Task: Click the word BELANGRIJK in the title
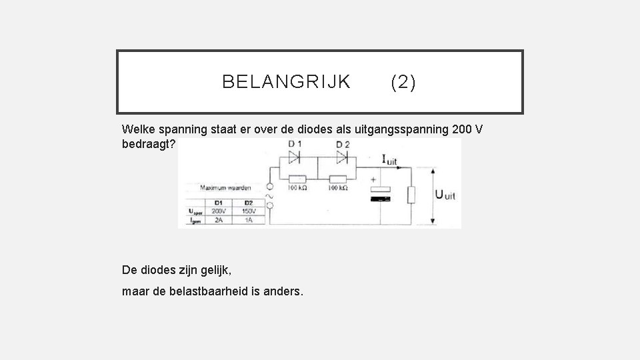tap(286, 82)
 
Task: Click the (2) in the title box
tap(403, 82)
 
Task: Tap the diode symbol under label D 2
tap(342, 157)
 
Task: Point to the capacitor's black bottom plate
tap(379, 197)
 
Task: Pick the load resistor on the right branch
tap(411, 195)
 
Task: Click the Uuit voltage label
tap(445, 195)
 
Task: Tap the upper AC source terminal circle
tap(269, 187)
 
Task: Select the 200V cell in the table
tap(218, 211)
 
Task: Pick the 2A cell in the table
tap(218, 219)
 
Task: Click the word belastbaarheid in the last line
tap(213, 291)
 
